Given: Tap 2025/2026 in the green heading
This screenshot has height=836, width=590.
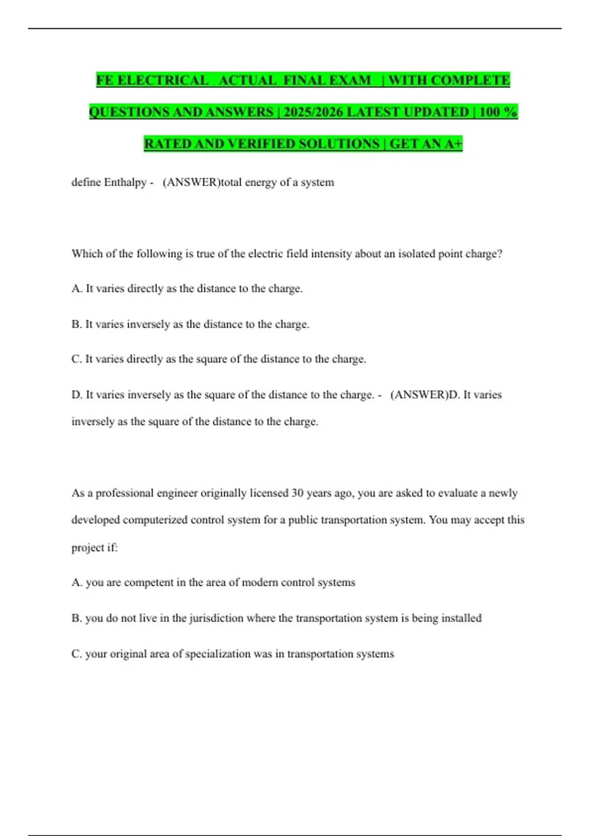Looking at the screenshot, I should [313, 112].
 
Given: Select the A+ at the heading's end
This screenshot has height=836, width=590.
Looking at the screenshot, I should [453, 144].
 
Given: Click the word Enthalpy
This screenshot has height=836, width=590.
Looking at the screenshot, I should [125, 182].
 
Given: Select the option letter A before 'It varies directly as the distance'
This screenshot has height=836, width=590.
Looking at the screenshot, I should [76, 289].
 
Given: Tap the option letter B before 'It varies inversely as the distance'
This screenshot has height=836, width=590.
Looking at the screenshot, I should [76, 325].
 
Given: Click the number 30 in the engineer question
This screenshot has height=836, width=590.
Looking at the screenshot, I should [297, 493].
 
